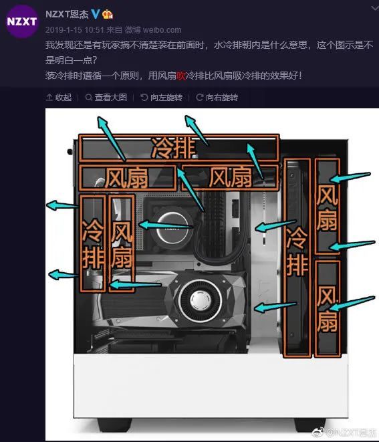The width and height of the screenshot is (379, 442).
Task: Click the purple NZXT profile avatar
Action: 22,21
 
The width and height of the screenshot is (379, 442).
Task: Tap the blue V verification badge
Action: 95,13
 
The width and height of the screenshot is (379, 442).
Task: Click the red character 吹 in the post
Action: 181,76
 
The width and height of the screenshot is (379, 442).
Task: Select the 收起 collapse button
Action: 59,97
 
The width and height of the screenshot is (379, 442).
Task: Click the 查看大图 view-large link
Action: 106,97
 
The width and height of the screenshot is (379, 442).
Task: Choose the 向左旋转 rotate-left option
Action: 162,97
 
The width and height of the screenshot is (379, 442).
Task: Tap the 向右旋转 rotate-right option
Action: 217,97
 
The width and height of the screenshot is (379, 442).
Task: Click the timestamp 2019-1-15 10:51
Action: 75,30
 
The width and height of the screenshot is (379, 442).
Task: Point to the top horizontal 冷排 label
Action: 173,148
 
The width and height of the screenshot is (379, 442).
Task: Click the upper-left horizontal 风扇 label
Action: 126,178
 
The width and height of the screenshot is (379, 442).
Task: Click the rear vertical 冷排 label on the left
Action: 92,244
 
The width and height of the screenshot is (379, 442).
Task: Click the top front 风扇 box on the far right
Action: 327,207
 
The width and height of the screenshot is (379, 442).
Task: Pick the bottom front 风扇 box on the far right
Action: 327,308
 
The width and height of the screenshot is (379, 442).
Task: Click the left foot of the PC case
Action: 115,425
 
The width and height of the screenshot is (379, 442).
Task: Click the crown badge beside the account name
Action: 108,14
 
